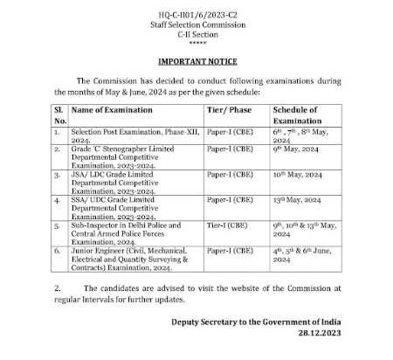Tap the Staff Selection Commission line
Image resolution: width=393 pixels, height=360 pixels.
point(196,24)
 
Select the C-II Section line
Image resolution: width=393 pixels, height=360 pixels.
point(196,36)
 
